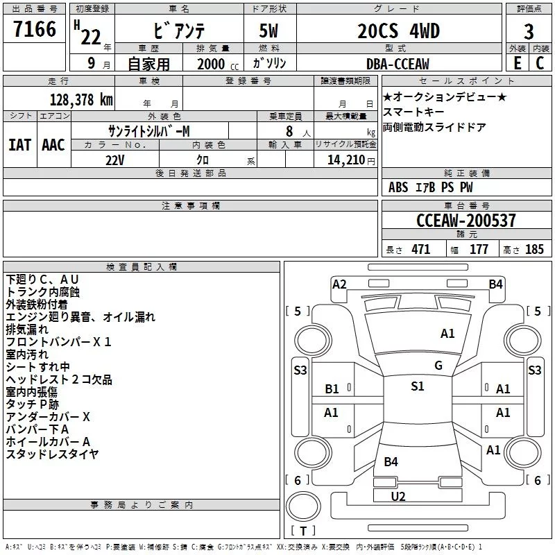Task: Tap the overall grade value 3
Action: click(529, 33)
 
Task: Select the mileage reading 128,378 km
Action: click(81, 99)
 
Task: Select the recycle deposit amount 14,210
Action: click(342, 160)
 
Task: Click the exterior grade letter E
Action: click(517, 63)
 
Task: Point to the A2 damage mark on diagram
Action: click(339, 284)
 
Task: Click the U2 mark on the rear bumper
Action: click(398, 496)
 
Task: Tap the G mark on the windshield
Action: click(438, 365)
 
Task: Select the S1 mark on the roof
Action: click(417, 386)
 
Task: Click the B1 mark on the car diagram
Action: click(332, 389)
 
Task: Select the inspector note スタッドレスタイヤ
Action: click(53, 454)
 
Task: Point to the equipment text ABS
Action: click(398, 187)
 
